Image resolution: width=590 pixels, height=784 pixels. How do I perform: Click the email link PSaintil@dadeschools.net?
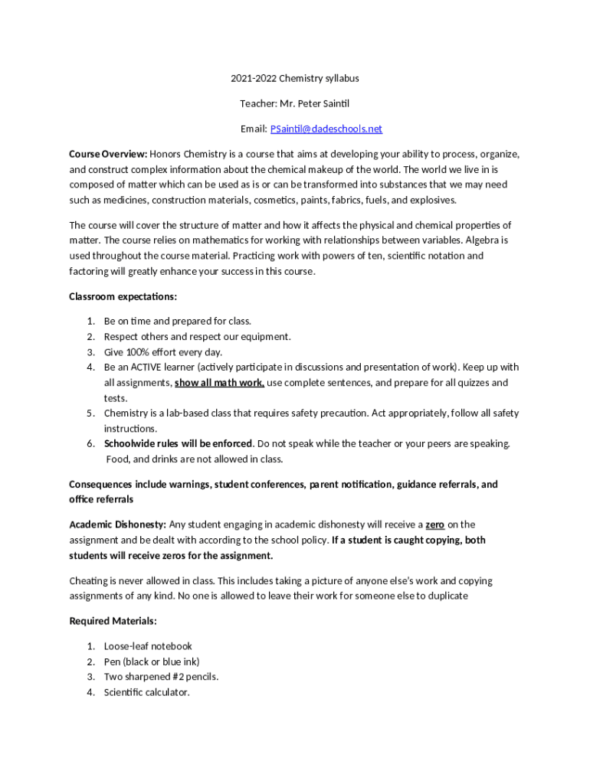tap(326, 129)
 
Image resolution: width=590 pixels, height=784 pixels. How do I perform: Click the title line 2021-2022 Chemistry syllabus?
tap(295, 78)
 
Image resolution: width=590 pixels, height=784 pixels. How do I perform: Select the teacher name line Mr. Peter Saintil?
tap(295, 103)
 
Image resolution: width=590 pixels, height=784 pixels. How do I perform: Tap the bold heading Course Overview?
tap(108, 154)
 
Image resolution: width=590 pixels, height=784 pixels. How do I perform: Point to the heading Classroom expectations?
tap(123, 296)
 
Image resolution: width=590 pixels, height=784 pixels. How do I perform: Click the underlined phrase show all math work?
tap(219, 383)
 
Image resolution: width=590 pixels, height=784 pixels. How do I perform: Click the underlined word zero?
tap(435, 524)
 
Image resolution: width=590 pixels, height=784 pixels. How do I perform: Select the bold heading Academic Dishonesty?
tap(117, 524)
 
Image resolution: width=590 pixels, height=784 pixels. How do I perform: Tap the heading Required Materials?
tap(113, 621)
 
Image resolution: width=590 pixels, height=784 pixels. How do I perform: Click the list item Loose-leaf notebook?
tap(148, 646)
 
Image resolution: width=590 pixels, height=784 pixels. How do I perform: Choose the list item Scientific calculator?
tap(146, 692)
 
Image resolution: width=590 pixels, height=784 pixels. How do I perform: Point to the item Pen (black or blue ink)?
tap(152, 661)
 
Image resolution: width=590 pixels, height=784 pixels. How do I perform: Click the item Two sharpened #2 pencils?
tap(161, 677)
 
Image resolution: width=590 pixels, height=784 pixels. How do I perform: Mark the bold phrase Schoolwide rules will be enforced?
tap(179, 444)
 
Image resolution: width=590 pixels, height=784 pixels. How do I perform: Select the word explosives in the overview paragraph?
tap(434, 200)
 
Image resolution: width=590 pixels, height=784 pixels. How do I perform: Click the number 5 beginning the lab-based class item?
tap(90, 413)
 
